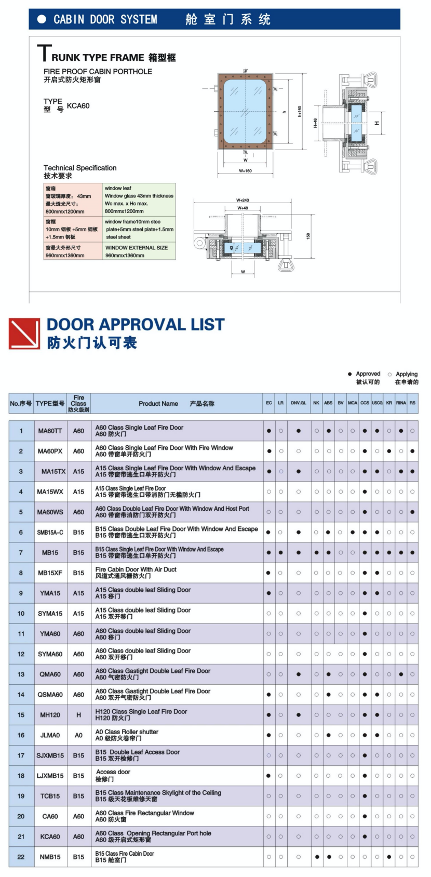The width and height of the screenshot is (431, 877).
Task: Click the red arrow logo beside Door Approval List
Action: [x=24, y=334]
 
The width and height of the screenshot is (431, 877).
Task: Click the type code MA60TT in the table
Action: [x=50, y=431]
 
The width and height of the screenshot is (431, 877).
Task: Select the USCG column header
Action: [x=377, y=403]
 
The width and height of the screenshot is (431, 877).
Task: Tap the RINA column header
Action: [x=401, y=403]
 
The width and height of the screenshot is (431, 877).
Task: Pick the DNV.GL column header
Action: [x=298, y=403]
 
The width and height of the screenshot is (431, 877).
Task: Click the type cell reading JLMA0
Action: [x=50, y=735]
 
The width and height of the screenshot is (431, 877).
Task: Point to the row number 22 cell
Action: [x=21, y=857]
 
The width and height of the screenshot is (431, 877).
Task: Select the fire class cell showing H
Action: [x=78, y=715]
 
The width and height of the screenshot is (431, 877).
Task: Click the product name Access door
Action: [x=113, y=772]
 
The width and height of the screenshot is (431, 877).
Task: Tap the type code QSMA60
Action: [x=50, y=695]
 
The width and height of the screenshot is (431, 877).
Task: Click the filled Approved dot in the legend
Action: [x=349, y=374]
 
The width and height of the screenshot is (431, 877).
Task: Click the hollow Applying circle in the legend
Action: [x=389, y=374]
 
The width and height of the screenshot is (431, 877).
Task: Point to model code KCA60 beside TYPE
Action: [x=78, y=106]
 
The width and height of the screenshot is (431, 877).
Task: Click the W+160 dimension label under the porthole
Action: [x=245, y=170]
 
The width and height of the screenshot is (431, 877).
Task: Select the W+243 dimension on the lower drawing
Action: [x=243, y=200]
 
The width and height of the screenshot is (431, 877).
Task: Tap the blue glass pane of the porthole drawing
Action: [x=245, y=112]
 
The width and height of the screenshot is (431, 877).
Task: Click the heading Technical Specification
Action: [x=80, y=168]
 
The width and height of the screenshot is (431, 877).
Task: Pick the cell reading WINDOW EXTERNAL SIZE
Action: [x=137, y=248]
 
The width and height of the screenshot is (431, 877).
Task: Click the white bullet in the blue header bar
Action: [x=42, y=19]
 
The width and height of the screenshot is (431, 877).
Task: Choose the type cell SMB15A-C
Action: [x=50, y=533]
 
